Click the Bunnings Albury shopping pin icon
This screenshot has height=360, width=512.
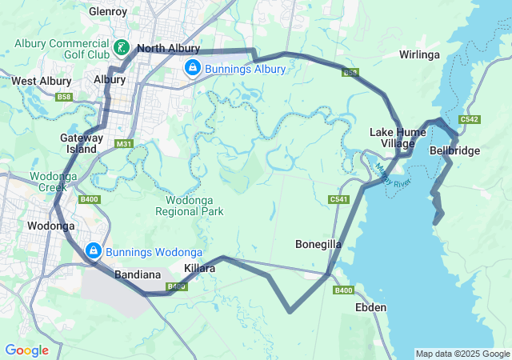pyautogui.click(x=192, y=69)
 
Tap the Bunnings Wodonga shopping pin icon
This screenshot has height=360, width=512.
pyautogui.click(x=94, y=250)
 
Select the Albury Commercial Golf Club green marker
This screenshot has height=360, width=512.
pyautogui.click(x=121, y=48)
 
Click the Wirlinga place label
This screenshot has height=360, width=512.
pyautogui.click(x=420, y=54)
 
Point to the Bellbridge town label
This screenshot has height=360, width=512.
pyautogui.click(x=454, y=150)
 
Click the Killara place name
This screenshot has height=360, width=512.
pyautogui.click(x=199, y=269)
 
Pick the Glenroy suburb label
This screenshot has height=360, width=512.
pyautogui.click(x=108, y=12)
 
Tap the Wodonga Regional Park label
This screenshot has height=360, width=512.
pyautogui.click(x=194, y=206)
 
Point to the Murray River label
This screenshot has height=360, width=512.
pyautogui.click(x=391, y=177)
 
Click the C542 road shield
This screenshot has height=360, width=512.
pyautogui.click(x=470, y=120)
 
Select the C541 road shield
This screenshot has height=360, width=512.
pyautogui.click(x=338, y=198)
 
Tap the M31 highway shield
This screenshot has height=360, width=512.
pyautogui.click(x=123, y=144)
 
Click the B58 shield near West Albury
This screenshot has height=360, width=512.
pyautogui.click(x=64, y=97)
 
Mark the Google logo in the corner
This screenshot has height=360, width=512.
pyautogui.click(x=26, y=350)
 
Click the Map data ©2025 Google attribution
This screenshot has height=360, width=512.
pyautogui.click(x=462, y=354)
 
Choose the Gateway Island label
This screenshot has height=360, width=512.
pyautogui.click(x=82, y=143)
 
